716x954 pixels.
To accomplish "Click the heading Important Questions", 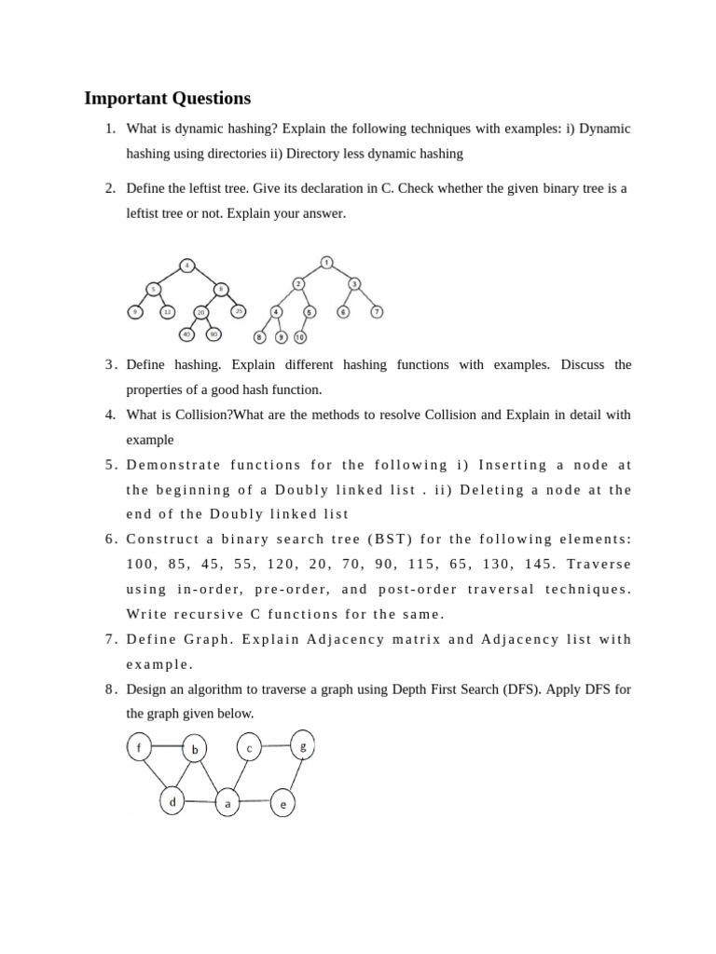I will pos(168,98).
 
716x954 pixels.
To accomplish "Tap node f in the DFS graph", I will pos(140,747).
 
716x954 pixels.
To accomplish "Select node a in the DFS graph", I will pos(227,803).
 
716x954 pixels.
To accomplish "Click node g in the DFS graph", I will pos(303,746).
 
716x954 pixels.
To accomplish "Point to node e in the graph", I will pos(282,804).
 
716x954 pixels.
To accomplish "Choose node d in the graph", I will pos(172,800).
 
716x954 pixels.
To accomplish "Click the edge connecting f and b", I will pos(168,746).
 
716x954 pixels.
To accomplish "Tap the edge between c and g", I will pos(276,746).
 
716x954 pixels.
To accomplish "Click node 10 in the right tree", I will pos(300,336).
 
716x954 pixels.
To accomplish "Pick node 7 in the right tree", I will pos(377,312).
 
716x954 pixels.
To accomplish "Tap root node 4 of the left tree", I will pos(187,266).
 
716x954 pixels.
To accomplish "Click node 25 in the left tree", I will pos(239,311).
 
